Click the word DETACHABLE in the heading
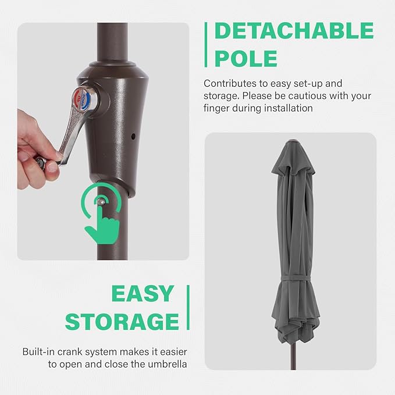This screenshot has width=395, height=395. (294, 30)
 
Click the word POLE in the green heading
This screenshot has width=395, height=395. (246, 58)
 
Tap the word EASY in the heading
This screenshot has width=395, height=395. (143, 293)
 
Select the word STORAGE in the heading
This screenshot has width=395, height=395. (122, 322)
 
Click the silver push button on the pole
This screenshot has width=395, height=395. (101, 201)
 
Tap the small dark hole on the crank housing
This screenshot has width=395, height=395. (133, 137)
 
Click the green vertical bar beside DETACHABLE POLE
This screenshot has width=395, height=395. (206, 45)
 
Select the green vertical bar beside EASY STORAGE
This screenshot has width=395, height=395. (188, 307)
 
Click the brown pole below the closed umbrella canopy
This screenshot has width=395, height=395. (293, 356)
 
